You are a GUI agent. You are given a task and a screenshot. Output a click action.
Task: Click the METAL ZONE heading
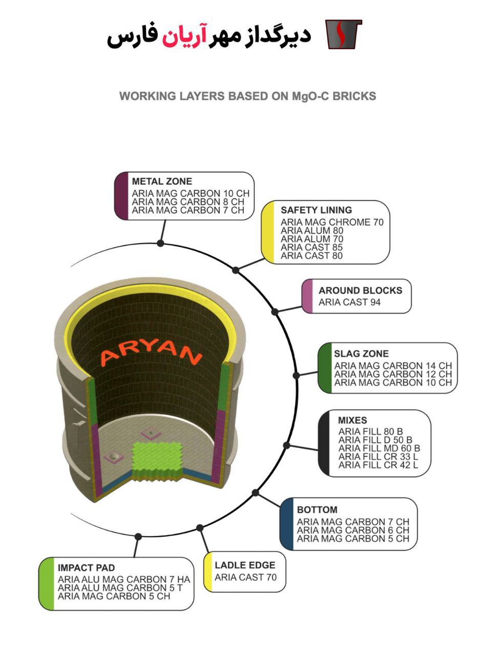click(162, 181)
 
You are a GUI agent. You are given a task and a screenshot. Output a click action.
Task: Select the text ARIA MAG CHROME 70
click(332, 222)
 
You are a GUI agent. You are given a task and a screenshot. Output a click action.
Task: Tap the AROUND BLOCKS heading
click(360, 290)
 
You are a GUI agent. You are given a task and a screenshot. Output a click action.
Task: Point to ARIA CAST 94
click(349, 302)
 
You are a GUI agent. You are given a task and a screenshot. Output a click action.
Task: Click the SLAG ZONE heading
click(361, 354)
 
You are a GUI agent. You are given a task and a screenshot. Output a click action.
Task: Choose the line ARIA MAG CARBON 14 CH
click(393, 366)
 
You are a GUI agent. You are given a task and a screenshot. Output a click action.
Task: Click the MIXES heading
click(352, 420)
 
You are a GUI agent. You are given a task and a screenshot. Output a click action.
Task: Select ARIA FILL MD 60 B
click(379, 448)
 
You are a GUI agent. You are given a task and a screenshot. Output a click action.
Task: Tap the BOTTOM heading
click(317, 510)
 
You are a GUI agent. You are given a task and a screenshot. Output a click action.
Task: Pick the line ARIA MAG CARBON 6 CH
click(353, 530)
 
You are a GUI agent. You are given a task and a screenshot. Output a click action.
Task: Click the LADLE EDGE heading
click(245, 565)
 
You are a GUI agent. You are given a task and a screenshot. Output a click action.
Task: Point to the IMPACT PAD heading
click(86, 567)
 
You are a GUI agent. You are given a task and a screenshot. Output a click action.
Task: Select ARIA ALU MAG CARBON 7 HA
click(123, 579)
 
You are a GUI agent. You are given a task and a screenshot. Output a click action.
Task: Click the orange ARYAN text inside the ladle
click(151, 353)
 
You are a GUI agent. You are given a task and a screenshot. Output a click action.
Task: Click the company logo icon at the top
click(343, 34)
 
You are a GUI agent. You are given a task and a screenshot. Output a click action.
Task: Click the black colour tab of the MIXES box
click(324, 443)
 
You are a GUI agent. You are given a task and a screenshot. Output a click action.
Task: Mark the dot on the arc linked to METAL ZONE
click(160, 243)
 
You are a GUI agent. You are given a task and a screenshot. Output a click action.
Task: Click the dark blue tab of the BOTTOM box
click(286, 524)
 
